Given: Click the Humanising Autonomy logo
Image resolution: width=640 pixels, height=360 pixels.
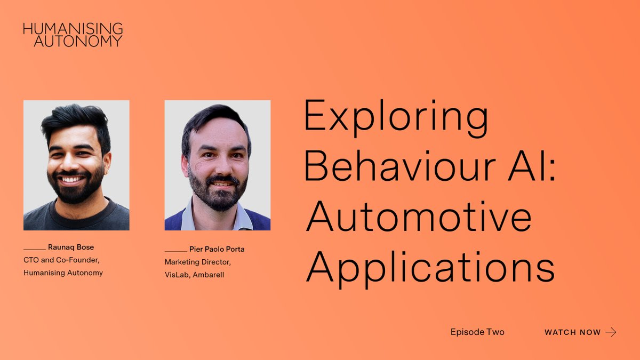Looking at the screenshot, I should pos(73,34).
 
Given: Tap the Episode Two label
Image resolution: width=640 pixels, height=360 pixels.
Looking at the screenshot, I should pos(477,332).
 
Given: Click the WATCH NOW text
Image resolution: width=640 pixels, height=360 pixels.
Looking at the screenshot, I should pos(572,332).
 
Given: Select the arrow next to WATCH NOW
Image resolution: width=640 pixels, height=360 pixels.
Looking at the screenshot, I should pos(611,332).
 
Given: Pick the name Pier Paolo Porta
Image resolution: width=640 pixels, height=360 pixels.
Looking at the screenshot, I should pos(217,249).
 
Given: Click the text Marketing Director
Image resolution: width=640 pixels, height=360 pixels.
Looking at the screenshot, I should pos(198,262).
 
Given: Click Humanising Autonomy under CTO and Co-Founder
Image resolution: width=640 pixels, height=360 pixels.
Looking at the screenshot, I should pos(63,273).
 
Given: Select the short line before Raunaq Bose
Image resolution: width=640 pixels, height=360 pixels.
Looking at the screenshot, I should pos(35,249).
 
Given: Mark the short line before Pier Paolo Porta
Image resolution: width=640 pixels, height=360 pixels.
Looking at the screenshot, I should pos(175,250).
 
